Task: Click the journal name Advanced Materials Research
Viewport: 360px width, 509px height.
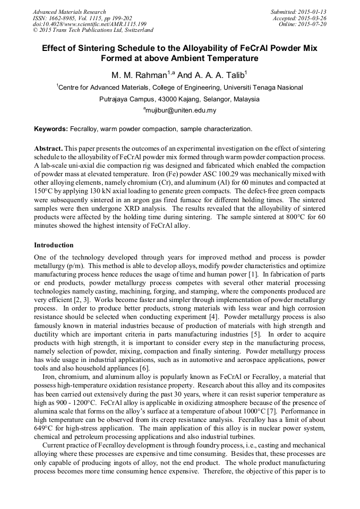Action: (x=70, y=12)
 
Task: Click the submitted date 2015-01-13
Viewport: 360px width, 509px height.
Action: (x=313, y=12)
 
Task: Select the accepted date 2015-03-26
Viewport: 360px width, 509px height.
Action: (x=313, y=18)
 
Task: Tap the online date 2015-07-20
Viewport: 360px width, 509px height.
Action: (x=313, y=24)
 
